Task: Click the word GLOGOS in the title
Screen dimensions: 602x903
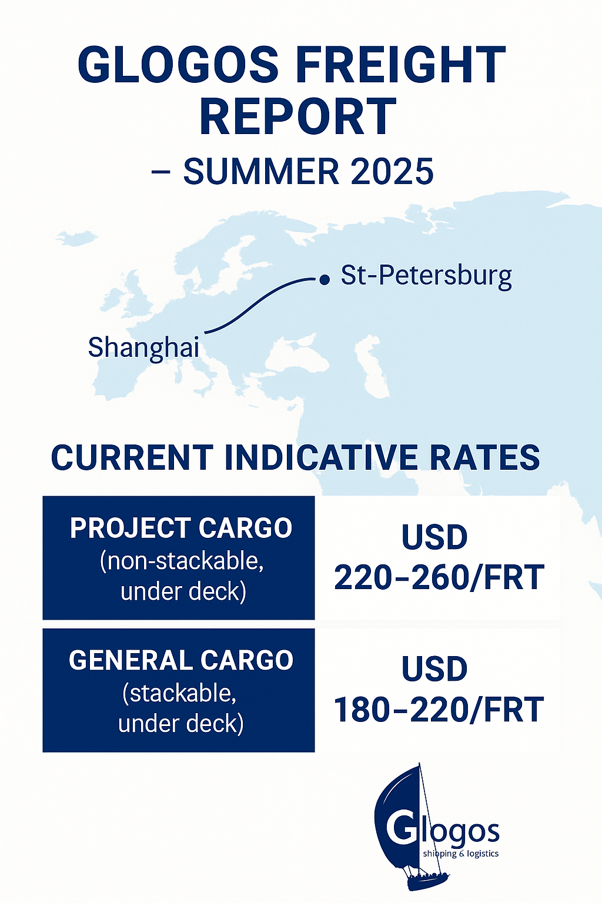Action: pyautogui.click(x=178, y=63)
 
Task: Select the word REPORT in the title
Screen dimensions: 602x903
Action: pyautogui.click(x=298, y=115)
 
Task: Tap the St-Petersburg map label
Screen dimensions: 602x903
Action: pyautogui.click(x=426, y=276)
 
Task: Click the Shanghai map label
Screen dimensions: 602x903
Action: pyautogui.click(x=143, y=347)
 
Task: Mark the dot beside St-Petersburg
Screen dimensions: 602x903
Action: pyautogui.click(x=324, y=279)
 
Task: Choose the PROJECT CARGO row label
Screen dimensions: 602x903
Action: pyautogui.click(x=180, y=527)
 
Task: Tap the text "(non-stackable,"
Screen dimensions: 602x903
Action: pyautogui.click(x=182, y=560)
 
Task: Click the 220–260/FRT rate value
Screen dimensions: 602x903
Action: pyautogui.click(x=439, y=577)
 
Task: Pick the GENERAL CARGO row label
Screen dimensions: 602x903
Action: pyautogui.click(x=180, y=660)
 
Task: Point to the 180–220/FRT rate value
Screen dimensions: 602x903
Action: pyautogui.click(x=439, y=710)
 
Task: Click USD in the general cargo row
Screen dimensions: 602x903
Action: pyautogui.click(x=434, y=668)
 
